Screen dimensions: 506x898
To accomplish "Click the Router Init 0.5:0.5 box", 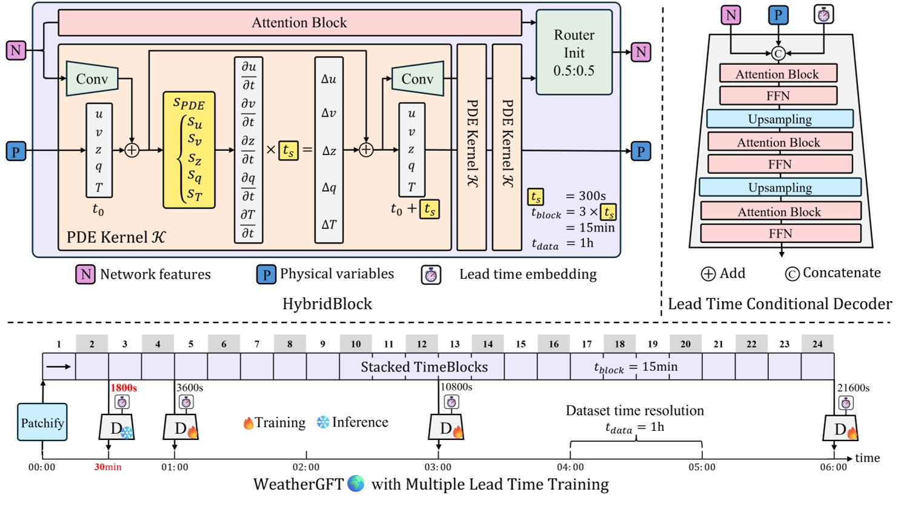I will click(x=574, y=53).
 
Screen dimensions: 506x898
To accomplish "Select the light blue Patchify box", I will click(x=42, y=422).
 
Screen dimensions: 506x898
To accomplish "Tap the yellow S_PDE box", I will click(x=189, y=150).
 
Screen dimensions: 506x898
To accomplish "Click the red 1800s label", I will click(x=123, y=388).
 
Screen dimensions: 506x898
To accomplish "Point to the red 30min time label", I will click(x=108, y=467).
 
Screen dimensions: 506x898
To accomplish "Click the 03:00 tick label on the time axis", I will click(x=437, y=467).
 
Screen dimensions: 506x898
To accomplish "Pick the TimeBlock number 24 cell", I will click(x=817, y=344).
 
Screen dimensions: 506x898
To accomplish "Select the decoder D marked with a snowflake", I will click(x=117, y=428).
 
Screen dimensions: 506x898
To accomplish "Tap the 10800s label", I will click(x=456, y=387).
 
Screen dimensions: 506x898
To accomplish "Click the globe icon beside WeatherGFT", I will click(x=356, y=484).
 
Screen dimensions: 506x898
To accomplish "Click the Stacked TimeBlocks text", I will click(x=424, y=367).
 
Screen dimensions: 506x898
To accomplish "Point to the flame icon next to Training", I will click(x=248, y=422).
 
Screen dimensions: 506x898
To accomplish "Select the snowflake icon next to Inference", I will click(x=323, y=422).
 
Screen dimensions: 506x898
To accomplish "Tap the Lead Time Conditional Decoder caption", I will click(x=779, y=304).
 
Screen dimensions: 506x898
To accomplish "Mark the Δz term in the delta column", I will click(x=329, y=150).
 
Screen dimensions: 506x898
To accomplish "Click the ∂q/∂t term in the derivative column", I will click(x=248, y=187).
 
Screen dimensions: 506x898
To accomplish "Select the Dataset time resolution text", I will click(x=634, y=410).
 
